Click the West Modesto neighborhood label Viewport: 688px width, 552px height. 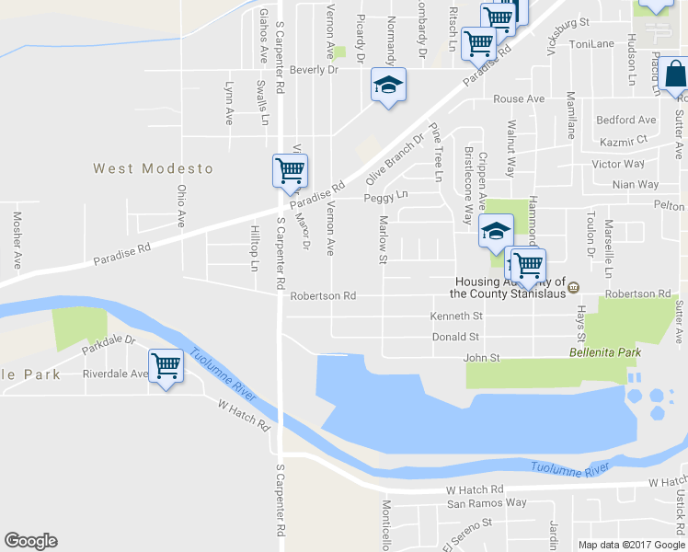tap(153, 169)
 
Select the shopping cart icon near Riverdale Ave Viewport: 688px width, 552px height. tap(166, 366)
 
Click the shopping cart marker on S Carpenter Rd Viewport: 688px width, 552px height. tap(290, 171)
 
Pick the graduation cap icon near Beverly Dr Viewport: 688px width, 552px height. tap(388, 86)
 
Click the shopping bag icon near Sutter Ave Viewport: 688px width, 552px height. tap(674, 74)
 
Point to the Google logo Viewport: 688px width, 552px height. tap(30, 541)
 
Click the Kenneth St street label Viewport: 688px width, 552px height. tap(455, 316)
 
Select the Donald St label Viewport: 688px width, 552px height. tap(455, 338)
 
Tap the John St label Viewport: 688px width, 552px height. tap(480, 357)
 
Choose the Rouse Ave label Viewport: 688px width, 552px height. tap(519, 98)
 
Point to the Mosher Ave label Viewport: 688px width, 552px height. tap(17, 241)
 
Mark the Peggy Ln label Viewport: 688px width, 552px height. tap(385, 197)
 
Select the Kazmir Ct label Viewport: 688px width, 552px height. tap(625, 140)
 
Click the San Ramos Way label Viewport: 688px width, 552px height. tap(487, 503)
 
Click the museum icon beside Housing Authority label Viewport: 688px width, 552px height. tap(573, 285)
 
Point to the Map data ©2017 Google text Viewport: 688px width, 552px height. tap(631, 544)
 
